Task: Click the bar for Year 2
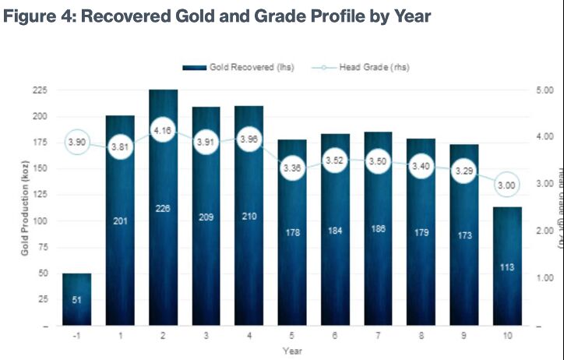coord(163,234)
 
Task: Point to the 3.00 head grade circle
coord(506,185)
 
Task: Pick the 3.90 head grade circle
coord(76,142)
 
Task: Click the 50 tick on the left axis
coord(40,274)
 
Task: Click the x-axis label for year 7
coord(377,336)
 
